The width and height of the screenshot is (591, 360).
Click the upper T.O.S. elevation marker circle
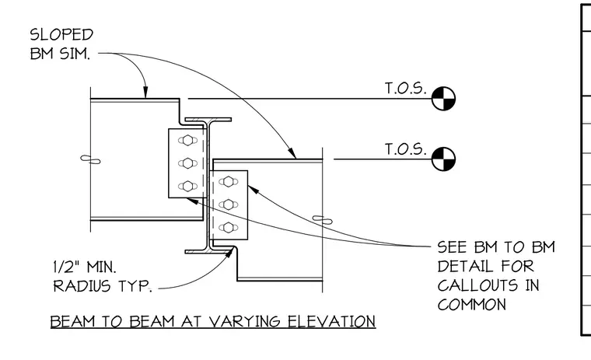(x=443, y=99)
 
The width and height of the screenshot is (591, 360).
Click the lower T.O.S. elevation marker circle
(x=443, y=159)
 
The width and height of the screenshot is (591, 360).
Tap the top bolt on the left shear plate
(x=187, y=140)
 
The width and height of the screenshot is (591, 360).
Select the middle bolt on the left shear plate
(x=187, y=163)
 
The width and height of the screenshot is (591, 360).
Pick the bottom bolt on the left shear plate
(x=187, y=186)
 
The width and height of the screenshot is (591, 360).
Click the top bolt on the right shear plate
(x=229, y=182)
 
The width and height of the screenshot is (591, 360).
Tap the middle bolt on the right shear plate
(x=229, y=204)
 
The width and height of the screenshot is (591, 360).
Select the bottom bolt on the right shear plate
(x=229, y=228)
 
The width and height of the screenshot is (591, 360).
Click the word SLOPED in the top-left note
(x=61, y=35)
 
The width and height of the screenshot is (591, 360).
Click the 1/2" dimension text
(x=66, y=267)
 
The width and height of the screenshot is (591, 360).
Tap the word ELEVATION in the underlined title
(x=332, y=322)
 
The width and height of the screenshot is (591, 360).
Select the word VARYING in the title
(x=244, y=322)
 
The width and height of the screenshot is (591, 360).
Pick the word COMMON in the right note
(x=472, y=305)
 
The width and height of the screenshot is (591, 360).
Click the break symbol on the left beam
(x=90, y=160)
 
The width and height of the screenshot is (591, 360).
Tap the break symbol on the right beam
(x=323, y=219)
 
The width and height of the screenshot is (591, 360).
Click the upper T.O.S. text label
(x=406, y=88)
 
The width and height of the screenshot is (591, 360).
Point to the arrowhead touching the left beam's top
(x=145, y=93)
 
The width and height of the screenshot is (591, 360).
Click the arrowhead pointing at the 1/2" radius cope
(x=229, y=253)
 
